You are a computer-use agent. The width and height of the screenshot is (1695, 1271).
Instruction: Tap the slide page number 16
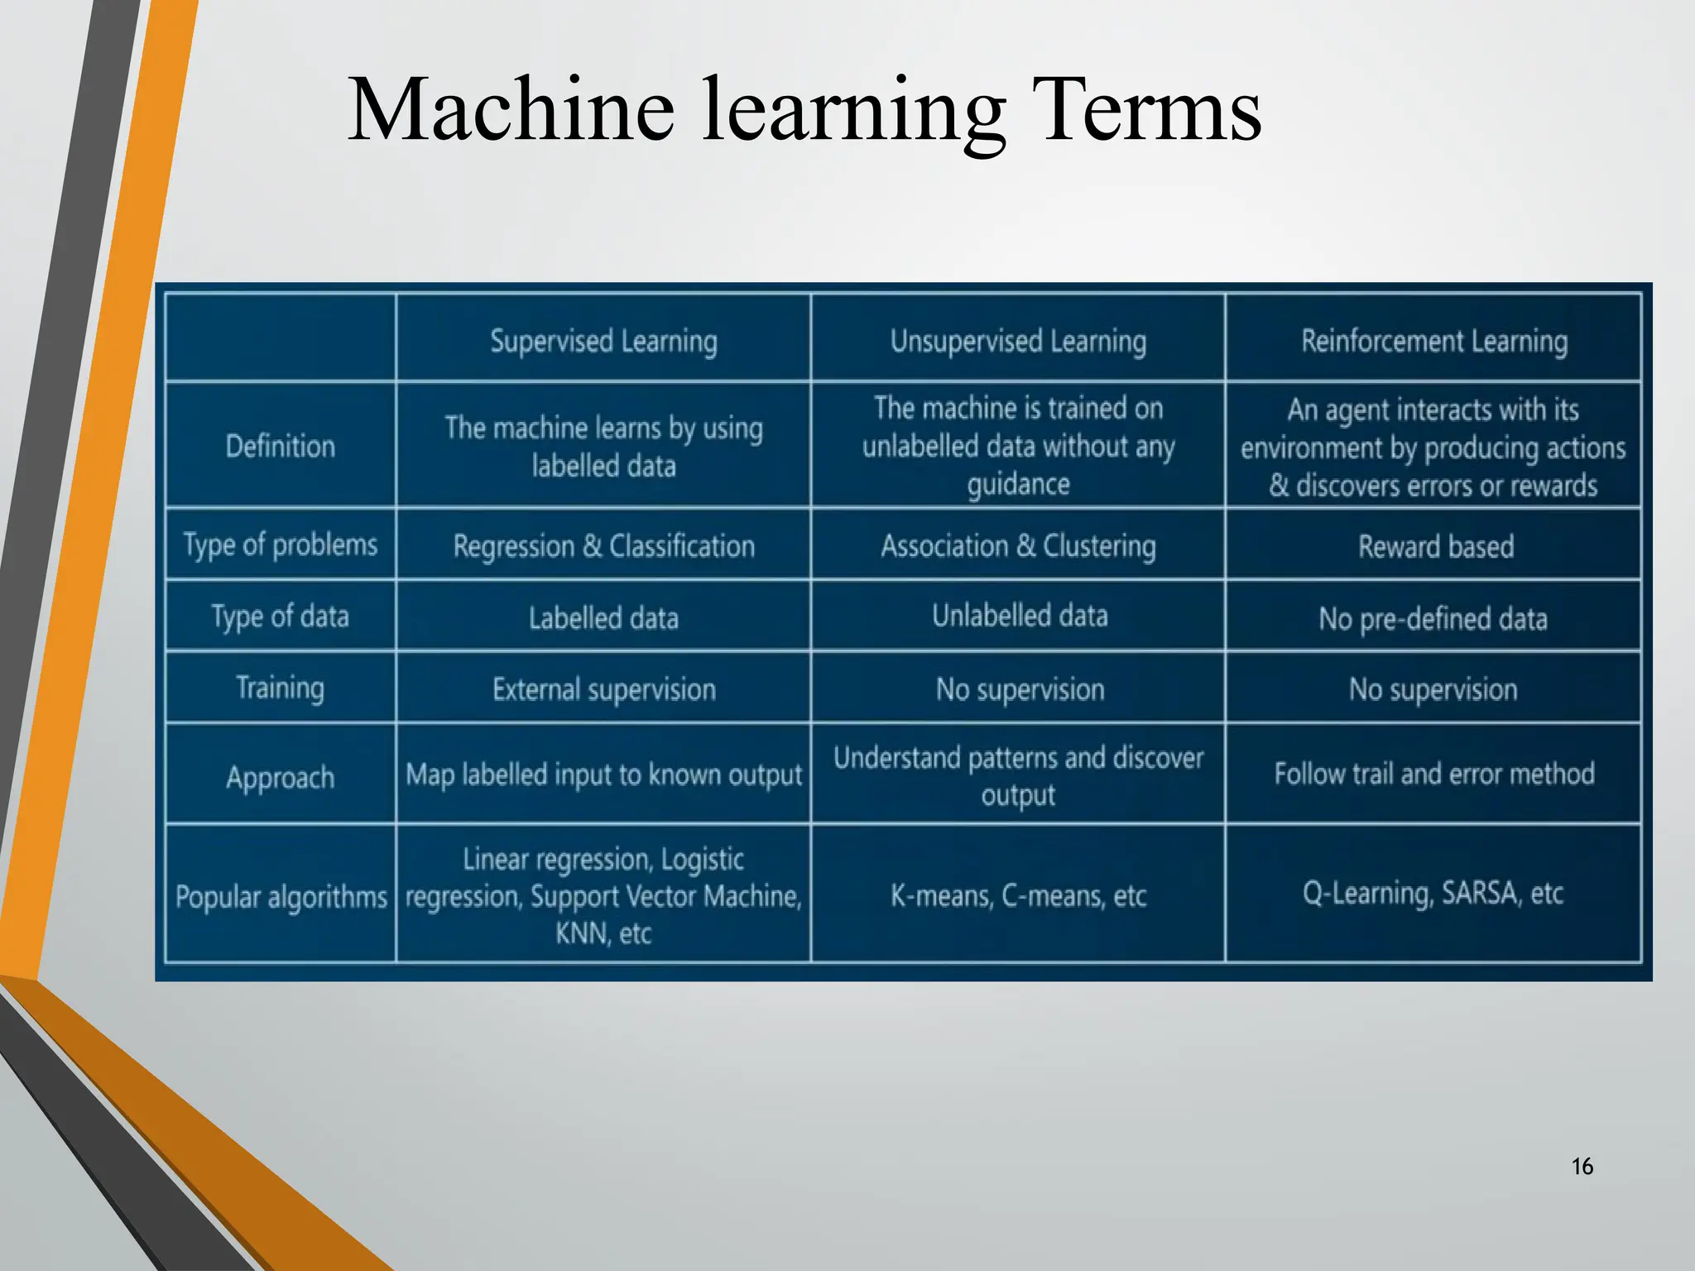1582,1167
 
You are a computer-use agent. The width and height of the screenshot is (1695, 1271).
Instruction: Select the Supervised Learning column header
603,341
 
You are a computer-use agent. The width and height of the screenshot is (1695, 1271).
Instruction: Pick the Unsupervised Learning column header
1018,341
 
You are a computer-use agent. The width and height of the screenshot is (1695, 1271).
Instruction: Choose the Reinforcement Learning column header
1433,341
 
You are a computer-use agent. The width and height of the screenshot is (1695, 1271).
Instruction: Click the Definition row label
281,447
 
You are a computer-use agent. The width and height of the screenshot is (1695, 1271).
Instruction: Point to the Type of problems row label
281,545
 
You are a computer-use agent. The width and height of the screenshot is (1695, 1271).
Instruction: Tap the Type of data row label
281,617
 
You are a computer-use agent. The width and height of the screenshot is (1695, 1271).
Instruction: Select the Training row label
281,688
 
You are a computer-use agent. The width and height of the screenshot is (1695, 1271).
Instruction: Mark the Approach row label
281,778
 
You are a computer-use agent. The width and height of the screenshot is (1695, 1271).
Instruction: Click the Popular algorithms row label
281,896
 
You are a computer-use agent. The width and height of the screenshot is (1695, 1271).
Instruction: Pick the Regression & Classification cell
603,546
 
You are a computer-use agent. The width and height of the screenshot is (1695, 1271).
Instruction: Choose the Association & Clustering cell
1018,546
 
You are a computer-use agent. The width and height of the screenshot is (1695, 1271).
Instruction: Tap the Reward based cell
1435,547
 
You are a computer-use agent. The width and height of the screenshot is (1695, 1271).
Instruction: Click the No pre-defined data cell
1433,619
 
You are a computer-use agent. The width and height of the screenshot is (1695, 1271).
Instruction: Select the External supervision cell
603,689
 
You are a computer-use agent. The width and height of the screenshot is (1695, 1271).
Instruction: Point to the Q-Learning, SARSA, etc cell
1433,894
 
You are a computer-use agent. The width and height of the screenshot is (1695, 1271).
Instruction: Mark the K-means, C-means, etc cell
1018,895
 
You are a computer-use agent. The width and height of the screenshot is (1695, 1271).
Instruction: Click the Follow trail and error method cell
1433,774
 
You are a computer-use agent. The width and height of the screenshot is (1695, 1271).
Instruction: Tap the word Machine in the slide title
511,111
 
